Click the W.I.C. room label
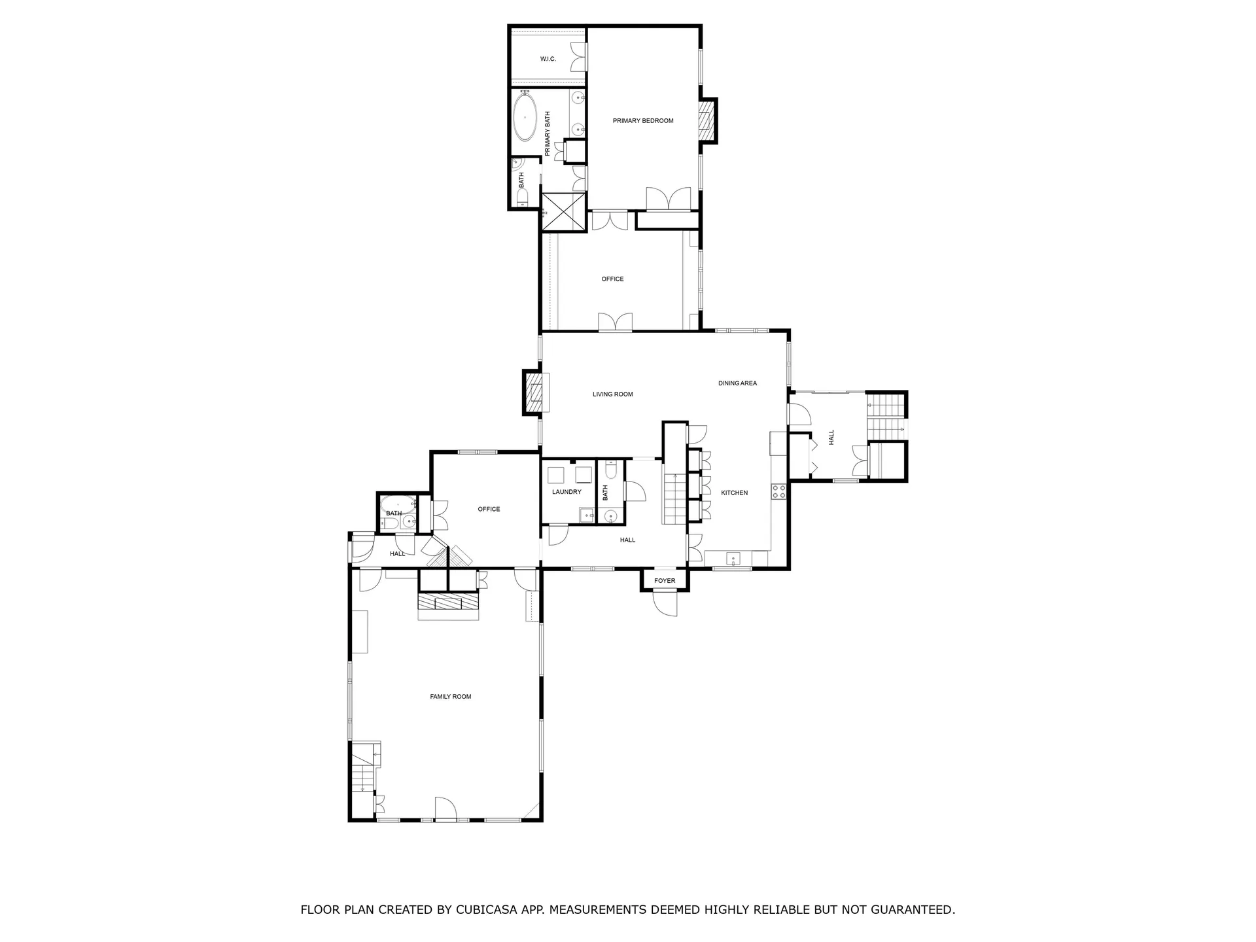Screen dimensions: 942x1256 click(548, 60)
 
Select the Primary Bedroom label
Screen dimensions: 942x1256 click(643, 121)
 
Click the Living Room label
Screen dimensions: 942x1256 click(613, 394)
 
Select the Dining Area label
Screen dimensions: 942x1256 click(737, 383)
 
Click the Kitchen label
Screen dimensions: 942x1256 click(734, 493)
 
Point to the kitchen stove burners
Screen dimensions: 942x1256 click(778, 492)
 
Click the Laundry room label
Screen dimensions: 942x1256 click(567, 492)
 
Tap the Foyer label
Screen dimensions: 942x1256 click(665, 581)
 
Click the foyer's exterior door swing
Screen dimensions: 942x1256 click(666, 603)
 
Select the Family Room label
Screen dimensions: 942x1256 click(451, 697)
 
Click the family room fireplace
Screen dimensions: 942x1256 click(449, 602)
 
